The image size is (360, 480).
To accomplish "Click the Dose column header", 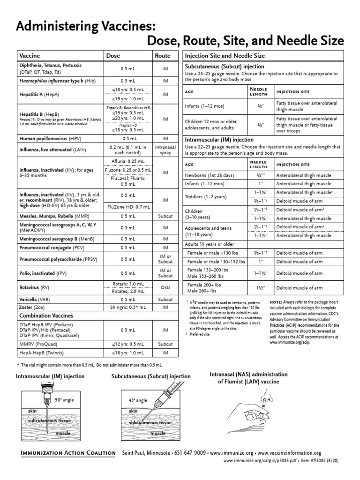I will click(x=113, y=55).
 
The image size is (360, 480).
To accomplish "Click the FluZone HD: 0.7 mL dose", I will click(x=128, y=206).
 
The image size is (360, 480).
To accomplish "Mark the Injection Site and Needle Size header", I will click(x=225, y=55).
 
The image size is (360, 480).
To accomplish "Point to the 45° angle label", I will click(x=138, y=400).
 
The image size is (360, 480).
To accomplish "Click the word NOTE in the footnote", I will click(x=276, y=302).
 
